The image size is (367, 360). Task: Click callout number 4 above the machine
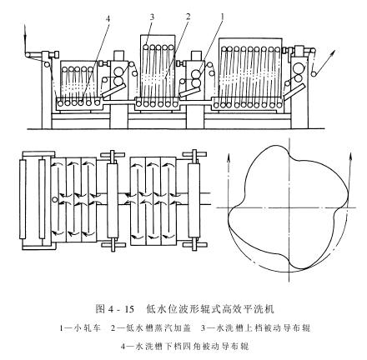(108, 19)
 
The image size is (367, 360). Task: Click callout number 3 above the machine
(152, 17)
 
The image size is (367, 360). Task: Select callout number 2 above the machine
(189, 17)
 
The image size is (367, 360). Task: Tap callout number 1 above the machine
(223, 17)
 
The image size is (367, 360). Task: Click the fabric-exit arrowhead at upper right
(332, 53)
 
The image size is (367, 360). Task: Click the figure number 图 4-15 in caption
(114, 308)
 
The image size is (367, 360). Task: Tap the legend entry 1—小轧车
(80, 328)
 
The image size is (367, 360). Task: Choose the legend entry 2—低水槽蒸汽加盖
(151, 328)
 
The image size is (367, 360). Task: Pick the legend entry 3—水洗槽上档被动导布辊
(255, 328)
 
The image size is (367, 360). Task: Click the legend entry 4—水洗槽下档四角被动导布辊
(184, 346)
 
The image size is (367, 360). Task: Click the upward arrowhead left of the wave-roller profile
(229, 157)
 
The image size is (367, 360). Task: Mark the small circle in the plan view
(55, 199)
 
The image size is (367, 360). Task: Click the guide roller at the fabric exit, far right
(314, 74)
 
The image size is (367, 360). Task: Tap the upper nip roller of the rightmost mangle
(298, 67)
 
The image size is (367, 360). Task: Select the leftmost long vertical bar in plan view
(23, 199)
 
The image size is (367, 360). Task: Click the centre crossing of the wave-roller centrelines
(289, 207)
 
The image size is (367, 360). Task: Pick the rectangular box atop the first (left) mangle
(118, 55)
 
